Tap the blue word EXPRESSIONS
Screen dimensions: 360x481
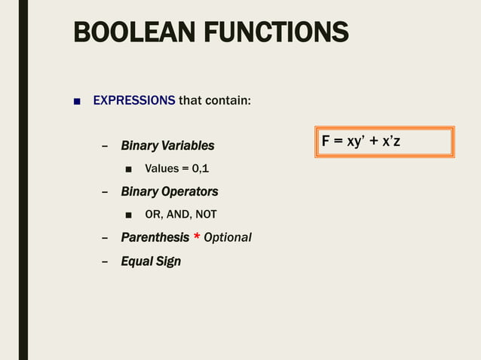pyautogui.click(x=133, y=99)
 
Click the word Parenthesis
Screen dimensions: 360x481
pyautogui.click(x=155, y=237)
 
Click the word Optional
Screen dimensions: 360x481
pyautogui.click(x=228, y=237)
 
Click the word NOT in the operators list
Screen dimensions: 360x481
pyautogui.click(x=206, y=215)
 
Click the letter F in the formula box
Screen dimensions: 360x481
pyautogui.click(x=326, y=142)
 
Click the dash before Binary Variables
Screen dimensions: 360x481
pyautogui.click(x=105, y=145)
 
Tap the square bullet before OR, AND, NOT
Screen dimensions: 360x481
pyautogui.click(x=129, y=215)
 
